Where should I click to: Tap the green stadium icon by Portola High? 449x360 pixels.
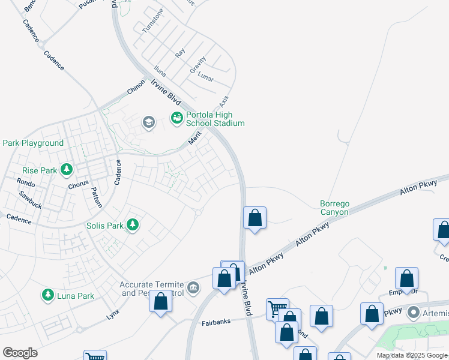pyautogui.click(x=176, y=118)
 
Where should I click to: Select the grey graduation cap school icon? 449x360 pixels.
pyautogui.click(x=148, y=123)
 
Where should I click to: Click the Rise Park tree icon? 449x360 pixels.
pyautogui.click(x=66, y=170)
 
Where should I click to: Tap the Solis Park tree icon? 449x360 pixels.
pyautogui.click(x=133, y=226)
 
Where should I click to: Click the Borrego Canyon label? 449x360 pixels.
pyautogui.click(x=334, y=208)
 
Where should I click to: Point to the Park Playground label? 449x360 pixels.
pyautogui.click(x=33, y=143)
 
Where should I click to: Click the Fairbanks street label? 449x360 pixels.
pyautogui.click(x=216, y=322)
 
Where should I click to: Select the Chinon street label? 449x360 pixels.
pyautogui.click(x=136, y=87)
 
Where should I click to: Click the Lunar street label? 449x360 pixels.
pyautogui.click(x=206, y=78)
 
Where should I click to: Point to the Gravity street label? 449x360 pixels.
pyautogui.click(x=198, y=65)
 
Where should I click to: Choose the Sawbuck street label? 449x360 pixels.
pyautogui.click(x=29, y=196)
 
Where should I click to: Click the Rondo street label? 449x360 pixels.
pyautogui.click(x=26, y=182)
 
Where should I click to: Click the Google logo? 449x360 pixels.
pyautogui.click(x=20, y=353)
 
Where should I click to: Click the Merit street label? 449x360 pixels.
pyautogui.click(x=193, y=139)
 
